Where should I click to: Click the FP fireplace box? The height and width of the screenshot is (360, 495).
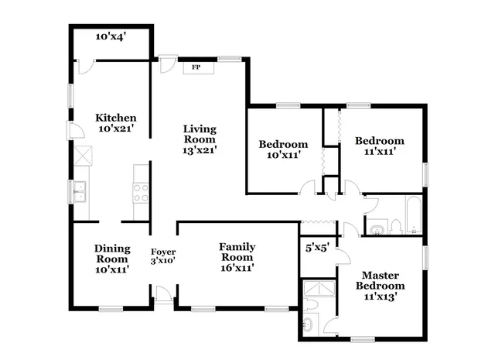point(196,67)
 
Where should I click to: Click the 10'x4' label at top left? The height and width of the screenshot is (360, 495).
point(111,36)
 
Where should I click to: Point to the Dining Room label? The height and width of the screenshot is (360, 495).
point(111,258)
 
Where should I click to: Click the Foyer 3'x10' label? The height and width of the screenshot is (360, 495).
point(162,256)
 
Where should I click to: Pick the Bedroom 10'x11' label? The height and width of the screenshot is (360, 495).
point(283,149)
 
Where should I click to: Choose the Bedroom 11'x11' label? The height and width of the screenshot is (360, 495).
point(379,146)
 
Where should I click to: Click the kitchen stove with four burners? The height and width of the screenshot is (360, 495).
point(141,192)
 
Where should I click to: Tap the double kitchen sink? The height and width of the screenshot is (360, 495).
point(80,190)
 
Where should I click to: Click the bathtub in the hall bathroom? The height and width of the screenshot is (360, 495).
point(414,216)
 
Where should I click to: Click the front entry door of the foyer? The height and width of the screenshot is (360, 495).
point(164,295)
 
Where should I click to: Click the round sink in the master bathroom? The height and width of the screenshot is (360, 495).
point(309,326)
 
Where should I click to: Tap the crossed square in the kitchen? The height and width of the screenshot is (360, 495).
point(80,159)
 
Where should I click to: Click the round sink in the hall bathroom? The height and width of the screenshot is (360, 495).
point(377,228)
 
